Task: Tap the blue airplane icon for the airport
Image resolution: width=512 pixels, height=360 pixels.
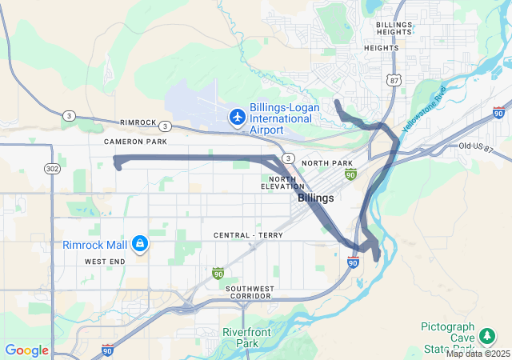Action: [x=237, y=118]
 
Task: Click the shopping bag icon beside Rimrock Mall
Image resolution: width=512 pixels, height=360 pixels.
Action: [x=139, y=242]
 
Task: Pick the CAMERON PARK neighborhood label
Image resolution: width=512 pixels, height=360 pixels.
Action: [x=134, y=142]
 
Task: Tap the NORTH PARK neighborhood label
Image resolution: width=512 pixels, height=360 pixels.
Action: [x=328, y=163]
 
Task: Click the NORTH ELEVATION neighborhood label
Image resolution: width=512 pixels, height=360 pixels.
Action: [x=282, y=182]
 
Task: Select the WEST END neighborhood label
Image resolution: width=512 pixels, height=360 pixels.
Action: [x=104, y=262]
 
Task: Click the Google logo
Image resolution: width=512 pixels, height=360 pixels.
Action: [x=26, y=350]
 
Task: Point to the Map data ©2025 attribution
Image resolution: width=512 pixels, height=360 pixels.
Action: [x=478, y=354]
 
